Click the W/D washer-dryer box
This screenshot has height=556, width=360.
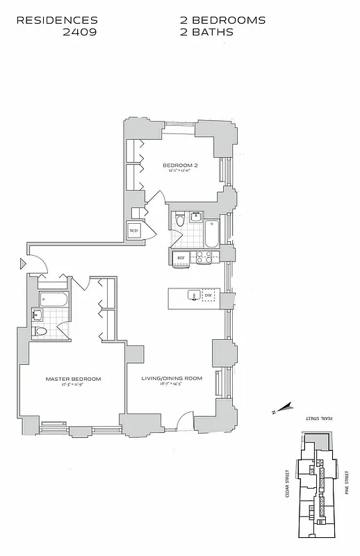point(133,230)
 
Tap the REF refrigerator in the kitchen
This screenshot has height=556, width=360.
point(181,258)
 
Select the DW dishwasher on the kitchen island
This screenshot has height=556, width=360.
point(208,296)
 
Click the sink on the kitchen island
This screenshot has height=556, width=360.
point(193,297)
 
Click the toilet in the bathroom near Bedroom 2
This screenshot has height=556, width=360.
point(180,222)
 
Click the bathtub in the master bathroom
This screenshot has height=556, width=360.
point(54,300)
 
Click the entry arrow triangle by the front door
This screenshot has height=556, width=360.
point(24,263)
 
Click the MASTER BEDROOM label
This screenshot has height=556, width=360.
point(73,379)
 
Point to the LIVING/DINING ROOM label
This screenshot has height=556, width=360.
point(171,379)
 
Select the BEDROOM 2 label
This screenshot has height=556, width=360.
point(181,165)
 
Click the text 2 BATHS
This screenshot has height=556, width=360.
point(206,32)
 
